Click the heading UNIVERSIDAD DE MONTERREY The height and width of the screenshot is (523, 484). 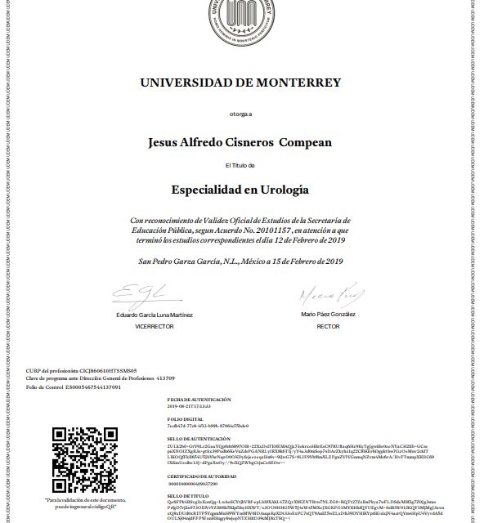(240, 83)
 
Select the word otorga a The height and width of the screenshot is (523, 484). (240, 113)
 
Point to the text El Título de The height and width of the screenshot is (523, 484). (240, 166)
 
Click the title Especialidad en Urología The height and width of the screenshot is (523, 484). (240, 190)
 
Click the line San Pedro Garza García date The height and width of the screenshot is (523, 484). (240, 261)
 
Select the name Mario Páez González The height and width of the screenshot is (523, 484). (327, 315)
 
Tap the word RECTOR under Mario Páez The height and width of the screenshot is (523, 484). (327, 325)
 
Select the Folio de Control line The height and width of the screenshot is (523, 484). (74, 387)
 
